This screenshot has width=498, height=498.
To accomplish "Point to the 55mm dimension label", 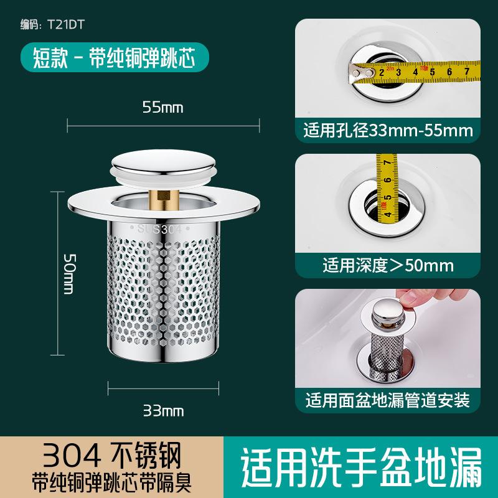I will pyautogui.click(x=163, y=107).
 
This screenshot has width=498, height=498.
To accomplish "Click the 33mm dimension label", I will pyautogui.click(x=163, y=411).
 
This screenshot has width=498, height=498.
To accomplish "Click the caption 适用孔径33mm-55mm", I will pyautogui.click(x=387, y=131).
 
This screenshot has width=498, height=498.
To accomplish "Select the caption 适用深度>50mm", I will pyautogui.click(x=387, y=266).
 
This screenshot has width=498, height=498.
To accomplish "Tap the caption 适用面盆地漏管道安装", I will pyautogui.click(x=387, y=400).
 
